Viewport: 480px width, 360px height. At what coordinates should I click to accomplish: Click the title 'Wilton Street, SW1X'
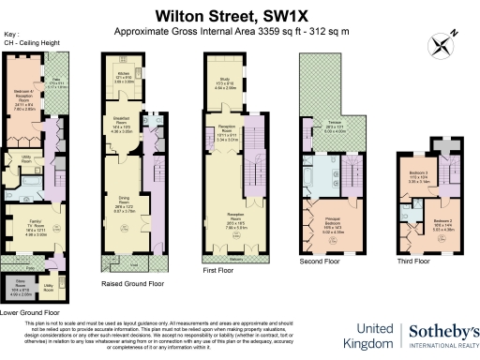240,15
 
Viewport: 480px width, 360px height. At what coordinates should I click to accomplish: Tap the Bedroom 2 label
444,223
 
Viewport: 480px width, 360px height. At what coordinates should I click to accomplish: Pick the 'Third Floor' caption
412,261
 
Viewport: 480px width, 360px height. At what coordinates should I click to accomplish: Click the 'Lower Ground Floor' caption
32,310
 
